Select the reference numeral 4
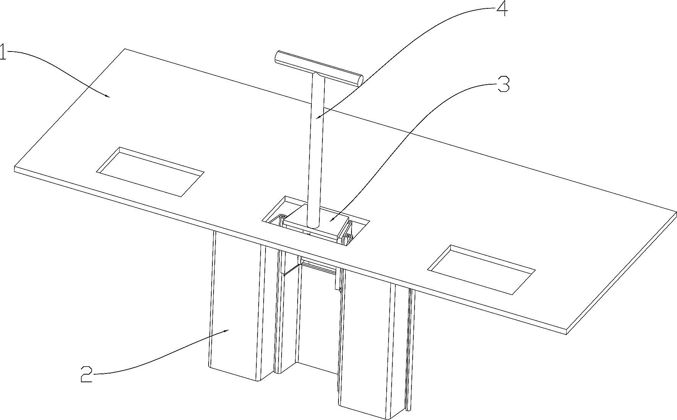502,9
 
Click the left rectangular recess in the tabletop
150,172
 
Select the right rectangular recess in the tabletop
481,269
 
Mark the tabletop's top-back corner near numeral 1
125,49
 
